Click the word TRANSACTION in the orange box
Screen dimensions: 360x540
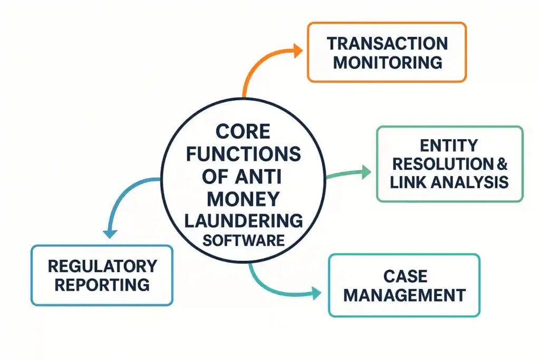point(387,43)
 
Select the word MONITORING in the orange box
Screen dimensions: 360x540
point(387,62)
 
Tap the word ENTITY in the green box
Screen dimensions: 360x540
point(449,145)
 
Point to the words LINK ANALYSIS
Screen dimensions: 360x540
point(449,182)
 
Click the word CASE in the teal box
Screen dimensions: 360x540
point(404,276)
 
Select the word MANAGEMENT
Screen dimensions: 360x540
point(404,295)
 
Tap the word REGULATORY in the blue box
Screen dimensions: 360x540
point(102,266)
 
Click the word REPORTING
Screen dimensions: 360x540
point(102,285)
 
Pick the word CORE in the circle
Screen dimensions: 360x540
point(243,131)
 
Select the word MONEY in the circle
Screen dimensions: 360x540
point(243,199)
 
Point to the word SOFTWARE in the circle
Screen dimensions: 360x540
point(243,241)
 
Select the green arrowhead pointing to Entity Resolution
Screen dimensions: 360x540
point(365,170)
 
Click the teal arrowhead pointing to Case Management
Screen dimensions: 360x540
point(316,294)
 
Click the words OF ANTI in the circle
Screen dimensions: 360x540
point(243,177)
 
